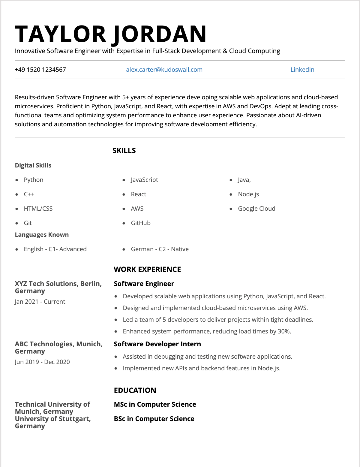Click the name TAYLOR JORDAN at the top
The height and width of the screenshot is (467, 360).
click(x=111, y=34)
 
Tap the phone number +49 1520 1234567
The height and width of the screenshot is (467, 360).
click(x=40, y=70)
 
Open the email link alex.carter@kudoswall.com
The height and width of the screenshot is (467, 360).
click(x=164, y=70)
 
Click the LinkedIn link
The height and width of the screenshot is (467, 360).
click(x=302, y=70)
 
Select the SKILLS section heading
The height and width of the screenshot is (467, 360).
click(x=124, y=151)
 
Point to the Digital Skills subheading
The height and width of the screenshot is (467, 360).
click(x=33, y=165)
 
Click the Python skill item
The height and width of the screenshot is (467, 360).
click(x=34, y=180)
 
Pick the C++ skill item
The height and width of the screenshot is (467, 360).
click(x=29, y=194)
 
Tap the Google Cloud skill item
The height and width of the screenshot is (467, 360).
click(x=256, y=209)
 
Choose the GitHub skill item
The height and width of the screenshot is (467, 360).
click(x=141, y=223)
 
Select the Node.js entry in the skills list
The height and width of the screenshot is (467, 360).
click(x=248, y=194)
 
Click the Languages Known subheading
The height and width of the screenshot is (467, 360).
click(x=42, y=235)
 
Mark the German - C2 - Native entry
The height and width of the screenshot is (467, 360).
click(x=160, y=249)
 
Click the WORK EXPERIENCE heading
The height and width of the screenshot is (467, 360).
click(x=147, y=270)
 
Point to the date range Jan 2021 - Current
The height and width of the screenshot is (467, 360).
click(x=40, y=302)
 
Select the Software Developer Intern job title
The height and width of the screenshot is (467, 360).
click(x=157, y=344)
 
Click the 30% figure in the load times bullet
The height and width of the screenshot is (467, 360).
click(x=284, y=331)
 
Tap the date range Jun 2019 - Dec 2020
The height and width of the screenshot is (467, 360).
click(x=42, y=362)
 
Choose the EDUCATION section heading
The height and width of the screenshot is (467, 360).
click(x=135, y=390)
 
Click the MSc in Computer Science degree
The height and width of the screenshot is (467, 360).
click(x=155, y=405)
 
